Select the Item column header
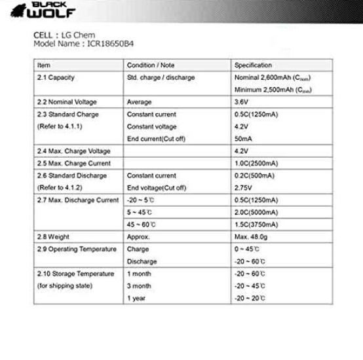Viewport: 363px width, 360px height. (44, 65)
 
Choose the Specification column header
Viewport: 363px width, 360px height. (253, 65)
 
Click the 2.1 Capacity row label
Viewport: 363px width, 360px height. (56, 77)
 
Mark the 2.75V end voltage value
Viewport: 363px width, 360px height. (242, 187)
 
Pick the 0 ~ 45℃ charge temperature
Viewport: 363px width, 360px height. (246, 249)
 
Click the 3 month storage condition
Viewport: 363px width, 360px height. (139, 286)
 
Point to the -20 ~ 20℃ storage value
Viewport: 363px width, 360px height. (250, 298)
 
